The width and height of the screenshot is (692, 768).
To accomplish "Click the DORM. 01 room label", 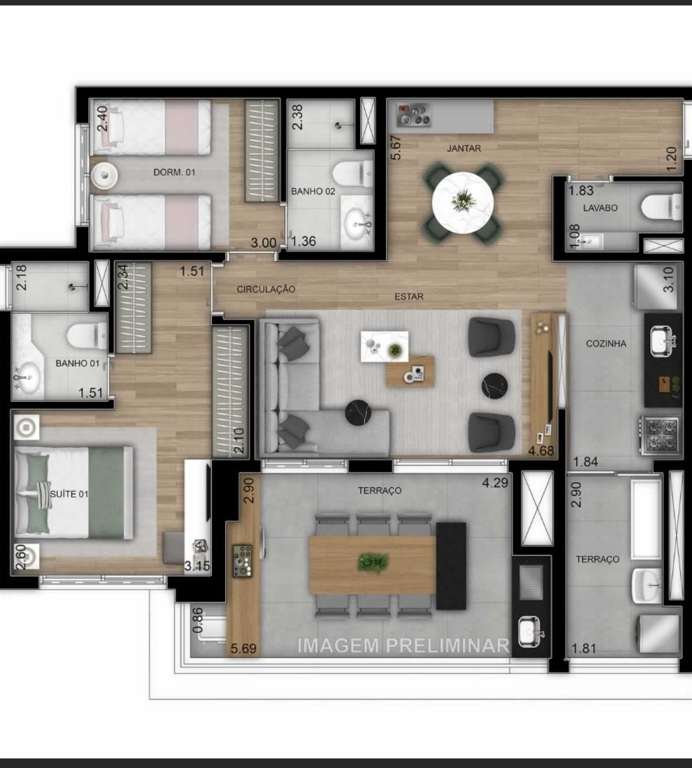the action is coord(174,172).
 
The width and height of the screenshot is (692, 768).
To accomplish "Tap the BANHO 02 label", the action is coord(313,191).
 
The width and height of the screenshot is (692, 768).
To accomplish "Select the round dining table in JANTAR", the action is coord(463,202).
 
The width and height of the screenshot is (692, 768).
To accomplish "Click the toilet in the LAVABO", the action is coord(662,207).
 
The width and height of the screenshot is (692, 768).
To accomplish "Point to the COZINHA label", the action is coord(606,343).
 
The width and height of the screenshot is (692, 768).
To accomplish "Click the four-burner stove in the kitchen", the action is coord(660,434).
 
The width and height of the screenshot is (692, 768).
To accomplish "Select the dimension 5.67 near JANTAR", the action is coord(396,147).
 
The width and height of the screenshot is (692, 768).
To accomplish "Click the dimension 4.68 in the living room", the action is coord(541,451).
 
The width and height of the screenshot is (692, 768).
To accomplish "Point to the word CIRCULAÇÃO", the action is coord(266,289).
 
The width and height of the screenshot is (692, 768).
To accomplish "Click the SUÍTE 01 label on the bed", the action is coord(69,494).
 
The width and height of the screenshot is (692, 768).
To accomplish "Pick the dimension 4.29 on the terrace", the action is coord(495,482).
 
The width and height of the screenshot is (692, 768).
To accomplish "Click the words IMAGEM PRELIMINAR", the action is coord(404,645).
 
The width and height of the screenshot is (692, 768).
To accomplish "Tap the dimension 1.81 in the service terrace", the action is coord(584,649).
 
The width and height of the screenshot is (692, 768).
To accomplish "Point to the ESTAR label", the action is coord(409,297).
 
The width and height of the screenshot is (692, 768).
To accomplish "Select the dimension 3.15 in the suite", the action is coord(197,566).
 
